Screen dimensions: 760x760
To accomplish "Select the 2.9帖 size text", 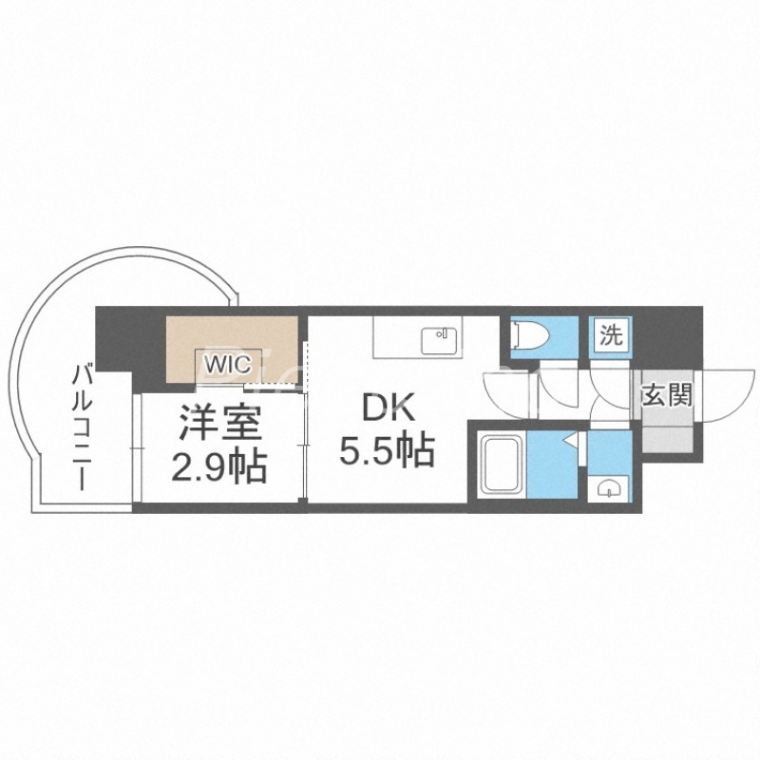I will tap(218, 466).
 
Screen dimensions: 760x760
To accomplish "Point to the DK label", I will tap(388, 410).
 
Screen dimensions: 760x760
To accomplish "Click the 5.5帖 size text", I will tap(388, 448).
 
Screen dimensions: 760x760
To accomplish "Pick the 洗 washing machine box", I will tap(609, 334).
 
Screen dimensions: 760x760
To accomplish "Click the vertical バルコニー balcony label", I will tap(84, 427).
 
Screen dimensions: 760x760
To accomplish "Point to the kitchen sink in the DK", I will tap(439, 334).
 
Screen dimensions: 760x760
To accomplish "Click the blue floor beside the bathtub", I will tap(551, 465).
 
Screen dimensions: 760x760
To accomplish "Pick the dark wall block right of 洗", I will tap(665, 337).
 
